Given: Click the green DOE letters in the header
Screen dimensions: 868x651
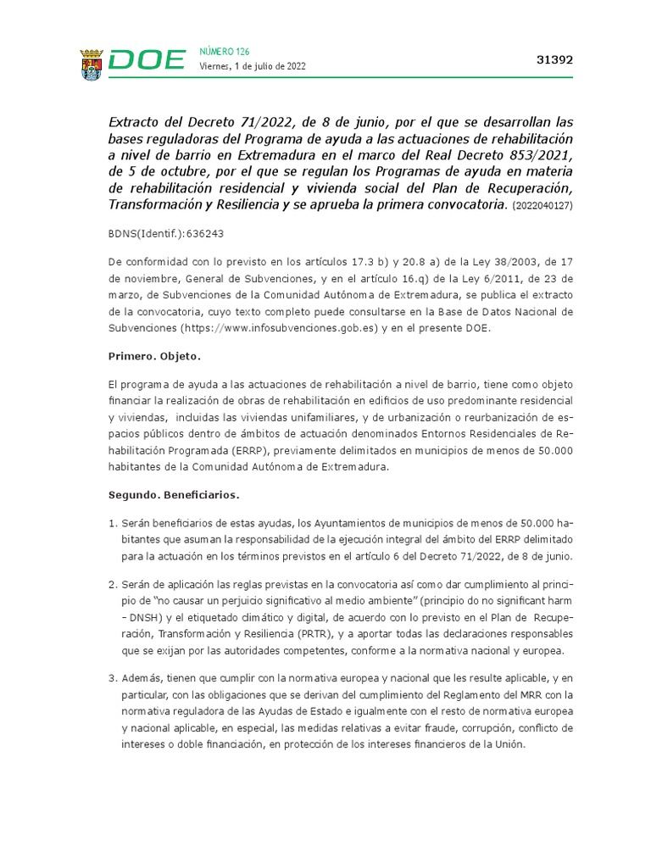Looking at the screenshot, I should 147,61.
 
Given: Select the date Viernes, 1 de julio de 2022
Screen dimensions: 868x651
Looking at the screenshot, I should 253,66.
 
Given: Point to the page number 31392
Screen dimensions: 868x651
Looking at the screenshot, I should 555,60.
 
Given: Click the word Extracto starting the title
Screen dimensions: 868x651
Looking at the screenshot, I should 137,121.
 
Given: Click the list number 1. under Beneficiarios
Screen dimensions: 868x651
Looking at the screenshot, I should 113,521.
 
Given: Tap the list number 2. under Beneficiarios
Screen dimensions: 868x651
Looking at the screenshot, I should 113,585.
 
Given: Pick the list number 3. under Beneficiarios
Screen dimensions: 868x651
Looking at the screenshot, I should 113,678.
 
